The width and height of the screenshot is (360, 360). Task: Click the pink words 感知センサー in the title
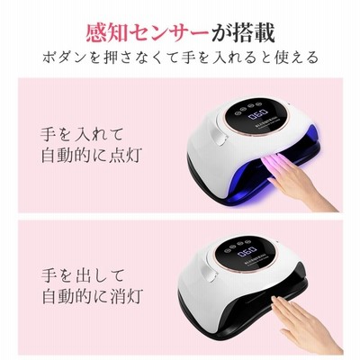pos(148,33)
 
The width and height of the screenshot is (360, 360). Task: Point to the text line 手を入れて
pos(82,134)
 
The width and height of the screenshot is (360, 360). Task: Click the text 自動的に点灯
pos(92,156)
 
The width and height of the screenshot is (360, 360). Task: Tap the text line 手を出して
pos(83,275)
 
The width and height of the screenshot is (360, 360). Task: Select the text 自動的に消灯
pos(93,296)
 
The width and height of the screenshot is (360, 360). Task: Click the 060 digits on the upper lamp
pos(256,114)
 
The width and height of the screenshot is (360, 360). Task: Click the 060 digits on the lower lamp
pos(247,251)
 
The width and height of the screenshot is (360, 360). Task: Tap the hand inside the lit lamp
pos(297,179)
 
